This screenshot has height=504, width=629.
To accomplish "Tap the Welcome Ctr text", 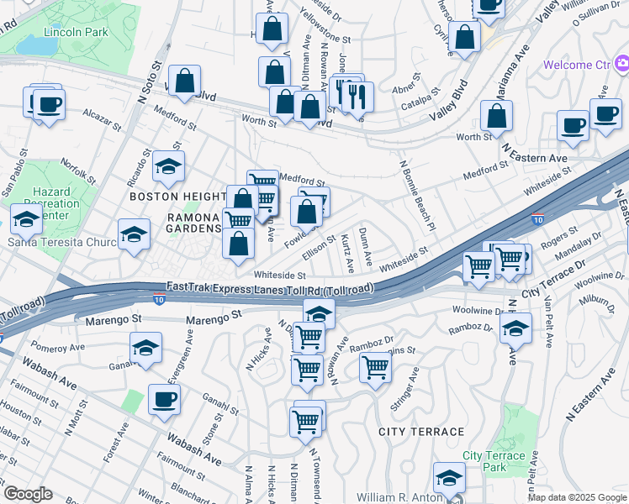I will coord(578,65).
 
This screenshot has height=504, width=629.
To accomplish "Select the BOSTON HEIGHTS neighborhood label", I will coord(177,196).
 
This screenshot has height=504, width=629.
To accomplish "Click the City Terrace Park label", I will coord(494,461).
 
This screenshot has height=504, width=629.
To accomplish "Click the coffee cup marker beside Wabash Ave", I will coord(164,400).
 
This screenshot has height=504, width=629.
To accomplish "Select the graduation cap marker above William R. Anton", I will coord(449,478).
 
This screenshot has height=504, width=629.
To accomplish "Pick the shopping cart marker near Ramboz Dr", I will coord(374,366).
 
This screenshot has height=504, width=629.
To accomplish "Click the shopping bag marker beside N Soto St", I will coord(186,82).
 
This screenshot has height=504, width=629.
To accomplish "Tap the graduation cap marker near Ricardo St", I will coord(168,166).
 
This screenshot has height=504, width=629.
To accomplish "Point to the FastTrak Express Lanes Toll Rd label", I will coord(270,287).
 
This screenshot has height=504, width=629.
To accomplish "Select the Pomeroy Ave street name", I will coord(58,346).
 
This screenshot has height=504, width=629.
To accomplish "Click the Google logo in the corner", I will coord(27,493).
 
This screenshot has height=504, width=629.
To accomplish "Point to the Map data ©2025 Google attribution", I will coord(577,496).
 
